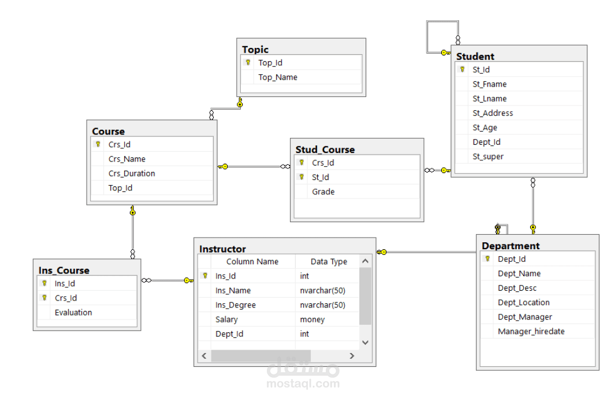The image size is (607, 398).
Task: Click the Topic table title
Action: [x=255, y=50]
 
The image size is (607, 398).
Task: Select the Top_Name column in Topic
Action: [x=278, y=77]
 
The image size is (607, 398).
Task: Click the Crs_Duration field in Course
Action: [x=132, y=174]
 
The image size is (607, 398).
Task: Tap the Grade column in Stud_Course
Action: [x=323, y=192]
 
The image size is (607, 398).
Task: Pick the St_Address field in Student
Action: [x=493, y=113]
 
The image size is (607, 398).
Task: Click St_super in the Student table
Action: [x=488, y=157]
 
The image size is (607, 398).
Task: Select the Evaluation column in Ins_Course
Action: [x=73, y=313]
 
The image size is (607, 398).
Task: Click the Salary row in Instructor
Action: [x=226, y=320]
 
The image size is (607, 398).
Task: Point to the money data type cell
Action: [x=312, y=320]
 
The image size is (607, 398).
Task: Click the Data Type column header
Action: [x=329, y=261]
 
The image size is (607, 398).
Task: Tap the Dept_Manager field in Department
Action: [x=524, y=317]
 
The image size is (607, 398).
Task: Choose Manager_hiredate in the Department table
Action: [x=531, y=332]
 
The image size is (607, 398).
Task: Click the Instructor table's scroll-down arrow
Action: [x=364, y=343]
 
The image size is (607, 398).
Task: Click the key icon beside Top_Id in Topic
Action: [x=248, y=62]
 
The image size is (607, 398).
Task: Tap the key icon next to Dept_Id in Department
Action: [x=487, y=259]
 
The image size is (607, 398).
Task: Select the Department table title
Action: [x=510, y=246]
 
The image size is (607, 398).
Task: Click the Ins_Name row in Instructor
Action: [x=233, y=291]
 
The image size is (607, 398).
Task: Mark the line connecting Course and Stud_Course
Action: [x=254, y=167]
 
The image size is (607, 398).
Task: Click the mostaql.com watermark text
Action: [x=303, y=384]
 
